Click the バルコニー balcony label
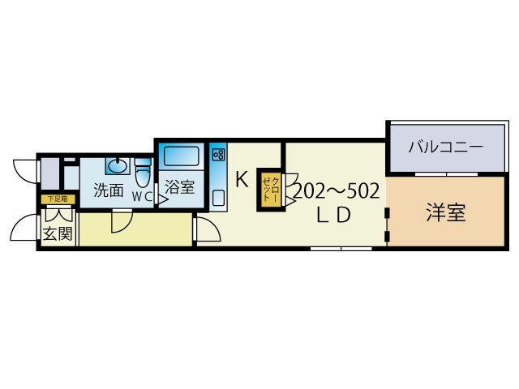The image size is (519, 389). (x=445, y=147)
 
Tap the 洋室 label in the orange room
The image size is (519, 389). (x=445, y=214)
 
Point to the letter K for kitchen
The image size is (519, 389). (x=241, y=180)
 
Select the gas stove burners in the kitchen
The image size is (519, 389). (x=218, y=154)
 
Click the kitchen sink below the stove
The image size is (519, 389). (x=218, y=196)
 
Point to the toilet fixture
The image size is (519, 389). (x=143, y=172)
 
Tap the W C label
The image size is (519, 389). (x=143, y=196)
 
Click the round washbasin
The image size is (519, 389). (x=117, y=166)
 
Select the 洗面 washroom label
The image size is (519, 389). (x=108, y=191)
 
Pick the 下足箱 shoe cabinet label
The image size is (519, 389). (x=56, y=199)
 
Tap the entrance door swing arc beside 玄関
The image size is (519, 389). (x=24, y=227)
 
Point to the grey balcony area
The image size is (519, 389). (x=438, y=162)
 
